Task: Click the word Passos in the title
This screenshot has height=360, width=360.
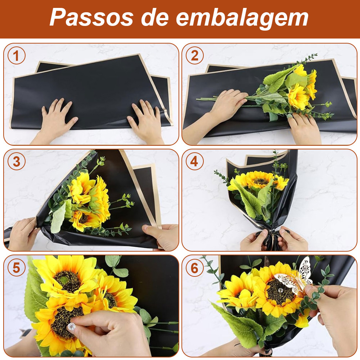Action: point(91,17)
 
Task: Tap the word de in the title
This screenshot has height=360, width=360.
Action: point(155,17)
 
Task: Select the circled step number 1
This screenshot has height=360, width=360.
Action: point(17,55)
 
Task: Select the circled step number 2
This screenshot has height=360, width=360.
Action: point(195,55)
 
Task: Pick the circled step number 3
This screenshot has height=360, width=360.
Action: point(17,161)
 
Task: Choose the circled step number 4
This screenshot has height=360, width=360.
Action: point(195,161)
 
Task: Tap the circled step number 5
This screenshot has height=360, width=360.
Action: point(17,267)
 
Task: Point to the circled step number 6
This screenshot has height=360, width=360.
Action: point(195,267)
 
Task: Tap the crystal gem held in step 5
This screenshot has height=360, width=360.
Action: point(71,326)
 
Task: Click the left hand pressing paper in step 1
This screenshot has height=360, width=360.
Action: point(55,121)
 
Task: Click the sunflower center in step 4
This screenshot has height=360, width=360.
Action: point(261,181)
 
